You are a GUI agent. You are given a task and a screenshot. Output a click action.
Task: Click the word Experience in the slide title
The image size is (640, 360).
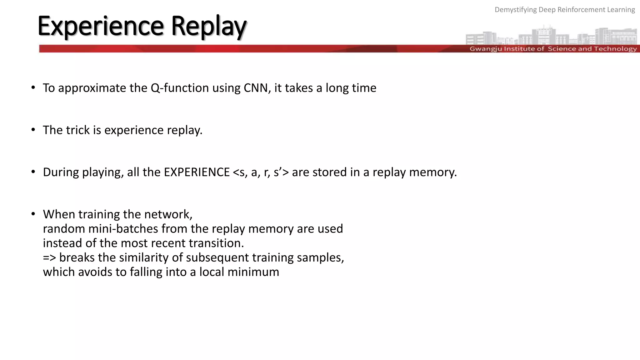(x=100, y=26)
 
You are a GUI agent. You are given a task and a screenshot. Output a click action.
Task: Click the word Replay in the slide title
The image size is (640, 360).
(x=209, y=26)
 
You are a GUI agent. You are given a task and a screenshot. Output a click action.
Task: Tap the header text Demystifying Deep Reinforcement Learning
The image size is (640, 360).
(x=564, y=10)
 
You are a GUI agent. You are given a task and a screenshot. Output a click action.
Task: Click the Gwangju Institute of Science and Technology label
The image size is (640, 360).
(x=553, y=49)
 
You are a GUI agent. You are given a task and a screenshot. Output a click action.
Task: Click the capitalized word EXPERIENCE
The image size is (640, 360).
(x=197, y=172)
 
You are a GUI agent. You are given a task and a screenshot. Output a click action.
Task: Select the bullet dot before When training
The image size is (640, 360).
(x=33, y=214)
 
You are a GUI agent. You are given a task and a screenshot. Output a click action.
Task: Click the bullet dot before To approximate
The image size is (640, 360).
(x=33, y=88)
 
